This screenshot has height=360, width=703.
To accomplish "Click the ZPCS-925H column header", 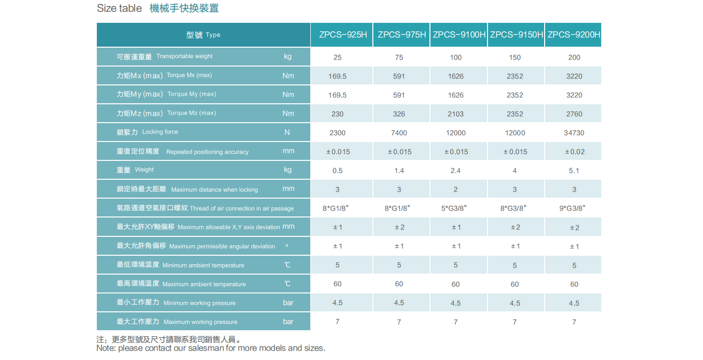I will tap(343, 35).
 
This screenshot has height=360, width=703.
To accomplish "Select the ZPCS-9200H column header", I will tap(573, 35).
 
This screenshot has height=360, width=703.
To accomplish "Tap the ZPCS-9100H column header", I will tap(459, 35).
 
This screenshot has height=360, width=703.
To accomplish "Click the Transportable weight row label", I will tap(164, 57).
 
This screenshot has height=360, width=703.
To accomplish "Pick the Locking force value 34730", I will tap(574, 133).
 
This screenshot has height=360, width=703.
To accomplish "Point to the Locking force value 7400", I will tap(399, 133).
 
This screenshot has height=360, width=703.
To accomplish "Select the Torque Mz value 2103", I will tap(455, 114).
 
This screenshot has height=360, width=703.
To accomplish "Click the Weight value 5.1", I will tap(574, 171).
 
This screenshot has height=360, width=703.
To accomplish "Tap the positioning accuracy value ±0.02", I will tap(574, 152).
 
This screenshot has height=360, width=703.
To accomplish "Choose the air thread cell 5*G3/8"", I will tap(455, 209).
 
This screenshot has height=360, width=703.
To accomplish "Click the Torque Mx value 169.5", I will tap(338, 76).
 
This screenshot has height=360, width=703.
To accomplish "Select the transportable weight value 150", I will tap(515, 58).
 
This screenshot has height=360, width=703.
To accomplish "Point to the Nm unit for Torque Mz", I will tap(288, 114).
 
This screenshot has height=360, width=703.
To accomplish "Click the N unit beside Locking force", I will tap(287, 133).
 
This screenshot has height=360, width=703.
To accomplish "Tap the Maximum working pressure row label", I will tap(177, 322).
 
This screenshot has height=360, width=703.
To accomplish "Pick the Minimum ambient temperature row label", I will tap(180, 265).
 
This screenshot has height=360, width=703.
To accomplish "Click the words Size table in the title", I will tap(119, 8).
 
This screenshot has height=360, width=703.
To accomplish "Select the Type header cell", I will tap(203, 35).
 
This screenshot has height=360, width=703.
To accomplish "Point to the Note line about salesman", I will tap(211, 348).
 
